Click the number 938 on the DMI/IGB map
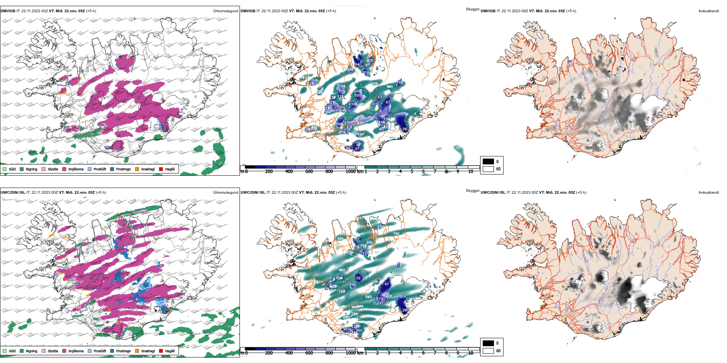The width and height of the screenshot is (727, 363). [x=375, y=84]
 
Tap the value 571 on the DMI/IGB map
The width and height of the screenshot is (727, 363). [x=360, y=123]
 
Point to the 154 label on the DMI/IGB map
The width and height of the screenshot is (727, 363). [x=399, y=83]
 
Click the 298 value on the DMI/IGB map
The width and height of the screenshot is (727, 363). [x=350, y=70]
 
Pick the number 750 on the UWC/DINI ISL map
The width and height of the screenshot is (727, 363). [x=396, y=233]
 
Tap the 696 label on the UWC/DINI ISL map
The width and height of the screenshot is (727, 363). [x=340, y=238]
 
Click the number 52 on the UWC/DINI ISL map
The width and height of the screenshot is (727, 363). [x=359, y=278]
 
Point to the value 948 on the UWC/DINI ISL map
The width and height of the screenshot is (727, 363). [x=368, y=297]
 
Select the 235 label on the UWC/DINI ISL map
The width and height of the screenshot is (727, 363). [x=380, y=227]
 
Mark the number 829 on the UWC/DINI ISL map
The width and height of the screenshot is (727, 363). [x=342, y=270]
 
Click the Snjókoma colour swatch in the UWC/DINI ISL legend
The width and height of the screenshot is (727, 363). [x=64, y=351]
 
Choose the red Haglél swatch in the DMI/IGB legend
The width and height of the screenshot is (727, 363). [x=161, y=169]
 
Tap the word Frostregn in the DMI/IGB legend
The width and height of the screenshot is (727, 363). [x=123, y=169]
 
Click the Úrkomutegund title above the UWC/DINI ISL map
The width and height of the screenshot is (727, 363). [x=225, y=193]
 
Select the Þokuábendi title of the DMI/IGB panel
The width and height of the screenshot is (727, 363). [x=709, y=11]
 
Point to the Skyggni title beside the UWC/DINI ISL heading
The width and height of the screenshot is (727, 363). [x=472, y=191]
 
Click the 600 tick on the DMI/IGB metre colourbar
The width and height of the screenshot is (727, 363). [x=309, y=172]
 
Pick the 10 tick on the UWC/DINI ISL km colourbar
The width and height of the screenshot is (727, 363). [x=470, y=353]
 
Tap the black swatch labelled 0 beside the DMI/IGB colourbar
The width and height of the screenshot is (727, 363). [x=488, y=162]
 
